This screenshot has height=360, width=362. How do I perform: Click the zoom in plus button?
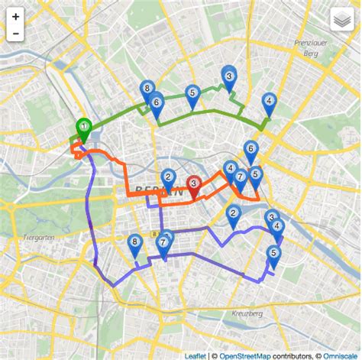pos(15,17)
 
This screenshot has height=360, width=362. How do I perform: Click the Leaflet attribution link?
pos(196,355)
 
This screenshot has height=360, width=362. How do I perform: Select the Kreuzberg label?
pos(247,313)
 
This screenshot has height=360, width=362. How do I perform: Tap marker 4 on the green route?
pos(269,102)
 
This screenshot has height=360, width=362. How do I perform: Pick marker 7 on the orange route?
pos(240,179)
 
